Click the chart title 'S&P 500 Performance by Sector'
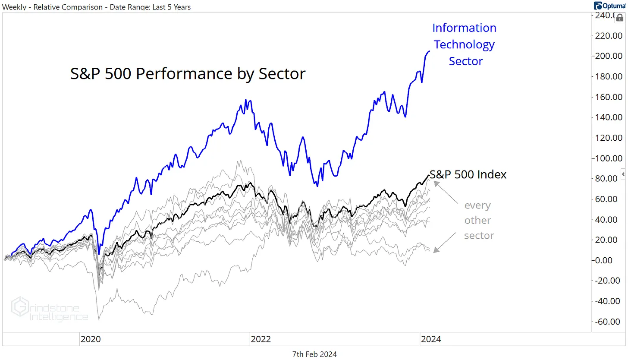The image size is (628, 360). click(188, 74)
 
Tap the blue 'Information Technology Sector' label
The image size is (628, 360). click(465, 44)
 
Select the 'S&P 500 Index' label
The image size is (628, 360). click(468, 175)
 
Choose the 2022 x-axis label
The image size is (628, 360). click(261, 339)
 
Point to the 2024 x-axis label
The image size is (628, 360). click(430, 339)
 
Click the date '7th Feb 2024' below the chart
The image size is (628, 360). click(314, 354)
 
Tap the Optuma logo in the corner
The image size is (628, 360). click(610, 6)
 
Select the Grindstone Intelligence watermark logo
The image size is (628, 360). click(50, 309)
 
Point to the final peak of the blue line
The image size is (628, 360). click(429, 51)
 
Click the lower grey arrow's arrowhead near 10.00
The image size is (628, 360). click(436, 250)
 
